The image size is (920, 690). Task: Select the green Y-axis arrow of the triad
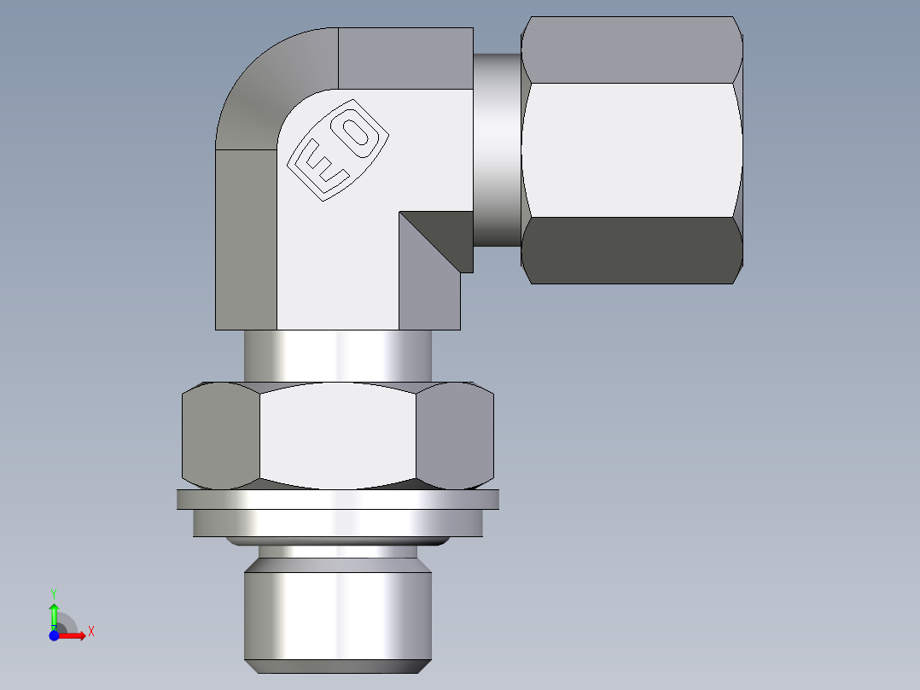pyautogui.click(x=54, y=613)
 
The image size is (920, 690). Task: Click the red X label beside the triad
pyautogui.click(x=90, y=632)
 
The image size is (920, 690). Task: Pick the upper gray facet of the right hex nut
pyautogui.click(x=632, y=51)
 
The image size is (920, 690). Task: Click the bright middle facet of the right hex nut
pyautogui.click(x=632, y=149)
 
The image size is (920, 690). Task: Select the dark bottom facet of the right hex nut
pyautogui.click(x=632, y=250)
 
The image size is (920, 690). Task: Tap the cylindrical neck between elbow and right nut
pyautogui.click(x=497, y=149)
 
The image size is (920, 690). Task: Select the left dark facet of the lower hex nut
pyautogui.click(x=220, y=436)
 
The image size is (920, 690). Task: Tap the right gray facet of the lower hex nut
pyautogui.click(x=459, y=436)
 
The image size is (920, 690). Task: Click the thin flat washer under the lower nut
pyautogui.click(x=338, y=500)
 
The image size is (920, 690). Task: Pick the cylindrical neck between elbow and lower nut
pyautogui.click(x=338, y=355)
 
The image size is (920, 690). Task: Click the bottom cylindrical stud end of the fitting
pyautogui.click(x=338, y=615)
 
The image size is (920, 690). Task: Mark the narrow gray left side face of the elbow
pyautogui.click(x=246, y=239)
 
